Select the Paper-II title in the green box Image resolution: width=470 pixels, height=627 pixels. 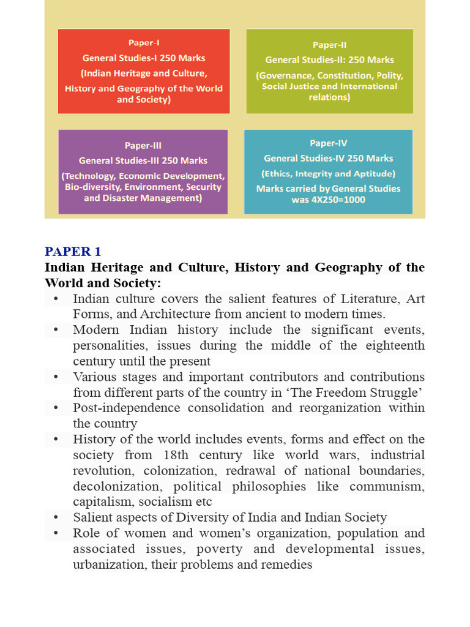[x=329, y=45]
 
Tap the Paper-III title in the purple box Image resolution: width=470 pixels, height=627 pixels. [x=143, y=145]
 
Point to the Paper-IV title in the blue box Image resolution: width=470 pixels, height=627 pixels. [x=329, y=143]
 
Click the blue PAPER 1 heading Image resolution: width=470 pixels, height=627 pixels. [x=73, y=252]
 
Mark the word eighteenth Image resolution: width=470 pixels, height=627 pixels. [x=393, y=345]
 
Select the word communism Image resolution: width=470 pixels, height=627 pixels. [x=389, y=486]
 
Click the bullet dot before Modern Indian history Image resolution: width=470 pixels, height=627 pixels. [x=56, y=330]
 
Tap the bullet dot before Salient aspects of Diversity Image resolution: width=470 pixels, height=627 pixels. [x=56, y=517]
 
